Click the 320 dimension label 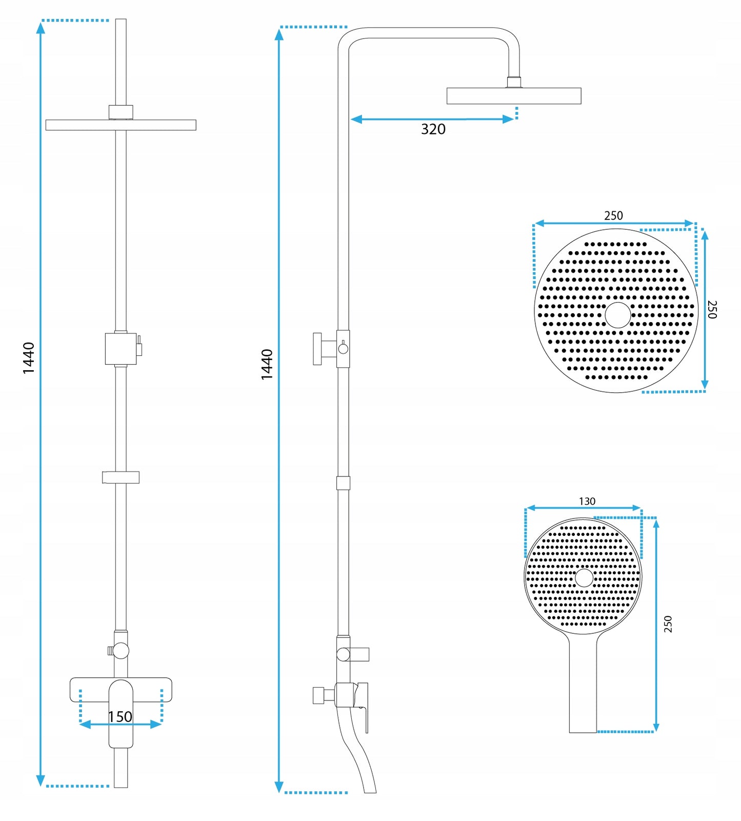tap(433, 129)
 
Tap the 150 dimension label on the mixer tap(120, 716)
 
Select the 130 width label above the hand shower tap(587, 501)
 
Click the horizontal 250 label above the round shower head tap(613, 215)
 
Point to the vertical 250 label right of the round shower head tap(712, 309)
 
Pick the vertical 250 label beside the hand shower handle tap(668, 624)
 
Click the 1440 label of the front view tap(29, 357)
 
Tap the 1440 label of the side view tap(267, 364)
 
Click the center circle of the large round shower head tap(618, 315)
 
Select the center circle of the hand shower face tap(584, 577)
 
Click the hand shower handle tap(583, 687)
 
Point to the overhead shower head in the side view tap(513, 96)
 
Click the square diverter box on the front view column tap(121, 349)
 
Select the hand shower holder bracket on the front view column tap(121, 477)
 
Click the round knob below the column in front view tap(121, 651)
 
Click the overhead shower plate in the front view tap(121, 125)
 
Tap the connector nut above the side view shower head tap(514, 82)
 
